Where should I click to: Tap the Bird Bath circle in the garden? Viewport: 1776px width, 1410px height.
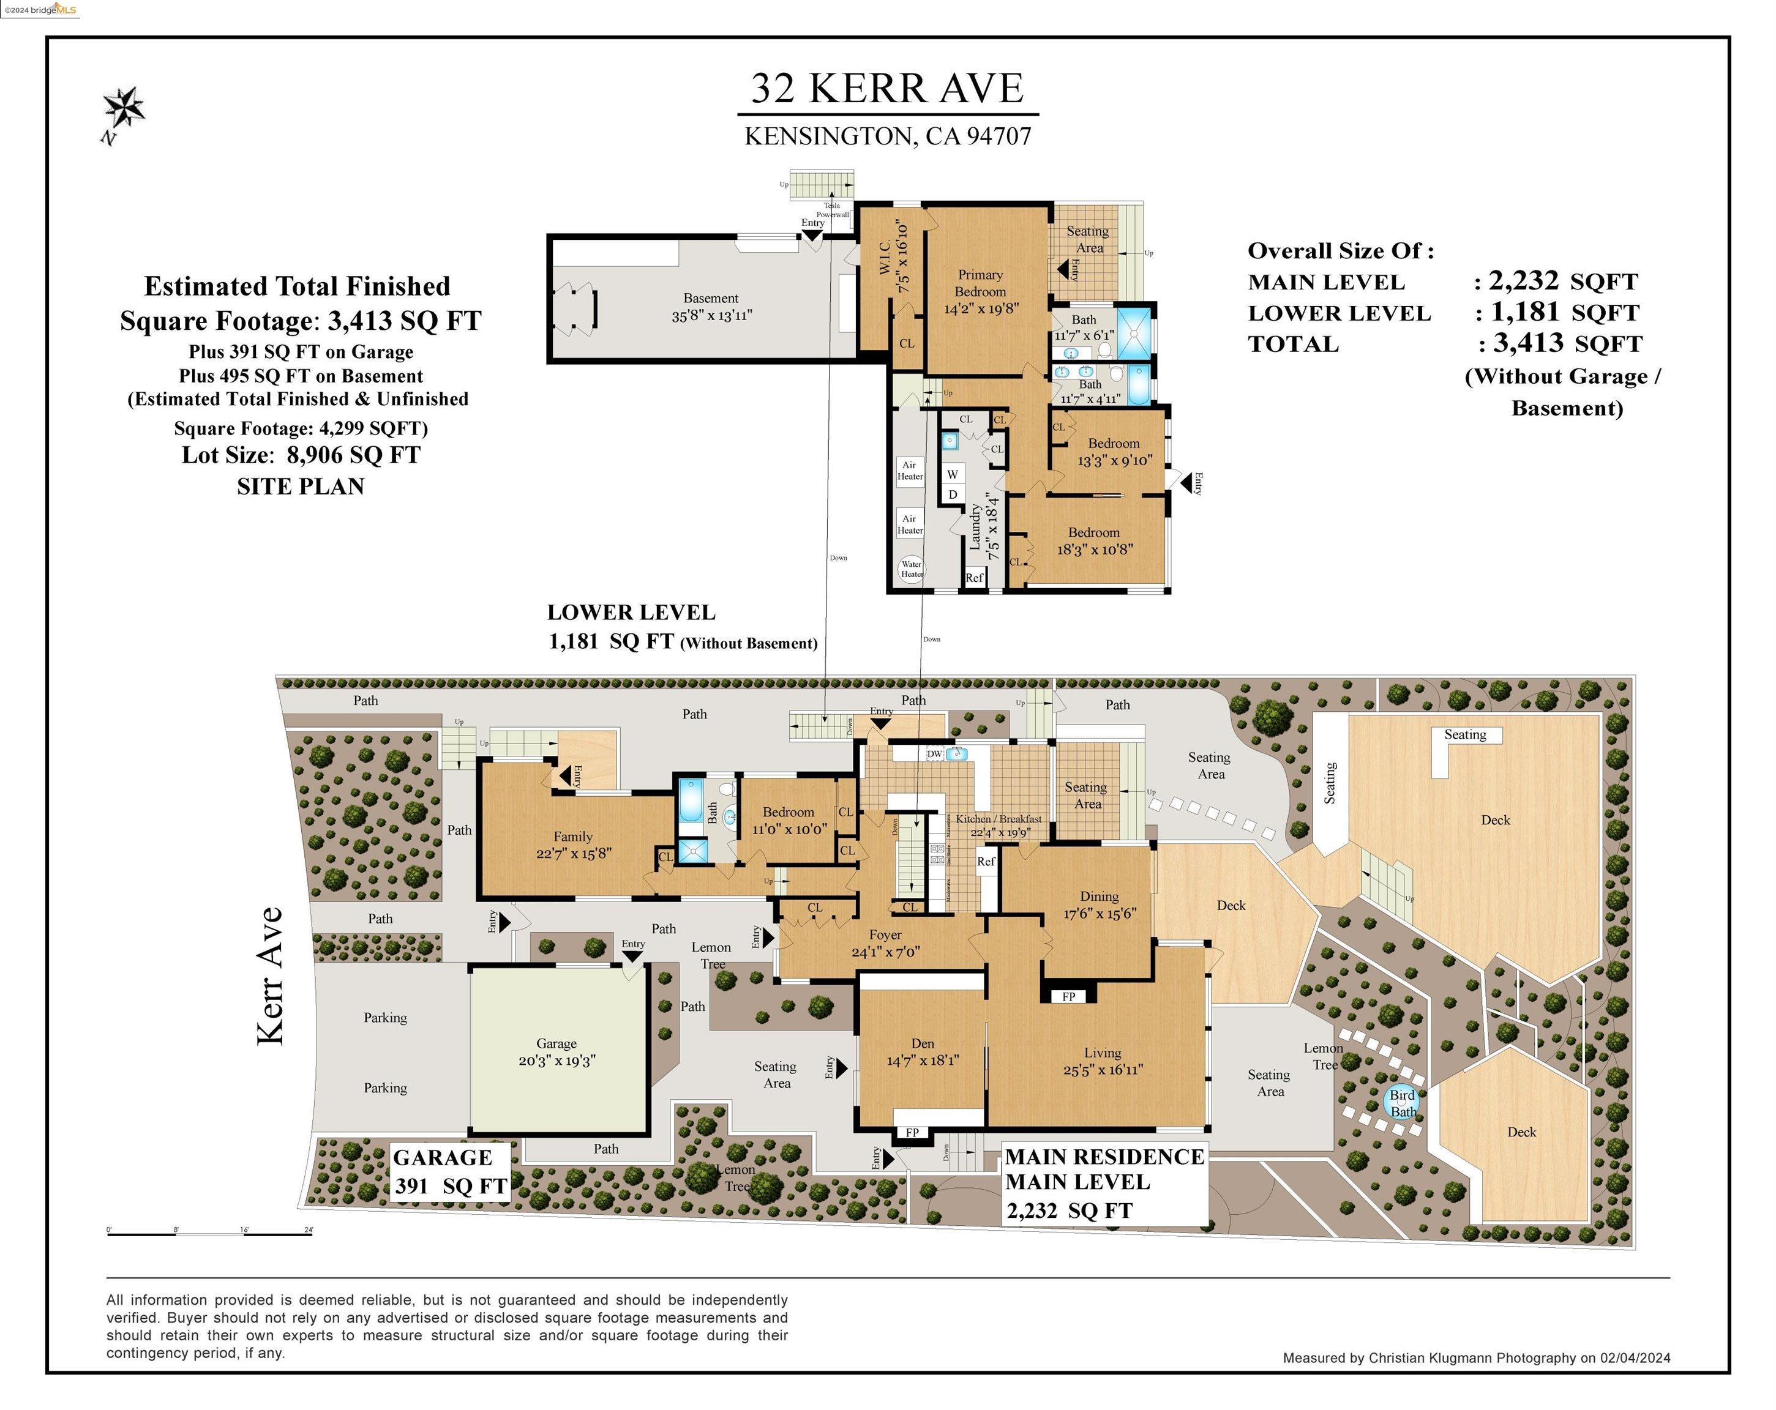click(1402, 1102)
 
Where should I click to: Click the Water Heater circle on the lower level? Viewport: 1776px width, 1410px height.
click(911, 569)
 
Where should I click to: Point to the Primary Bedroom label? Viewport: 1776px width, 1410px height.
click(980, 283)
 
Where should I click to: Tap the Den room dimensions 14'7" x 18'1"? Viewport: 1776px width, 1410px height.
click(923, 1061)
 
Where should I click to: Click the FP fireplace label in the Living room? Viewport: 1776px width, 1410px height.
click(1068, 996)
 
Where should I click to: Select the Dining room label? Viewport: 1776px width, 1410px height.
click(1099, 896)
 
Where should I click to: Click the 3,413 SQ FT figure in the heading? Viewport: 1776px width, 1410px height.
click(403, 321)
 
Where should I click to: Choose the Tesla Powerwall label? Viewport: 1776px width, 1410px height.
click(833, 210)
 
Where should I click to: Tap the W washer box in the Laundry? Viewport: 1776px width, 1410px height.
click(952, 474)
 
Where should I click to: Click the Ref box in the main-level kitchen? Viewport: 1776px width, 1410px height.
click(986, 862)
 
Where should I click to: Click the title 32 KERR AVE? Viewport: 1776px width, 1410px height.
click(887, 89)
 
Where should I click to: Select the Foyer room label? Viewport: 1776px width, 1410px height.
click(885, 934)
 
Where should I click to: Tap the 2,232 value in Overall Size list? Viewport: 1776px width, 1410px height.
click(1523, 281)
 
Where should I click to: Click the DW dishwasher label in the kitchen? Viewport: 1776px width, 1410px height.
click(934, 753)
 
